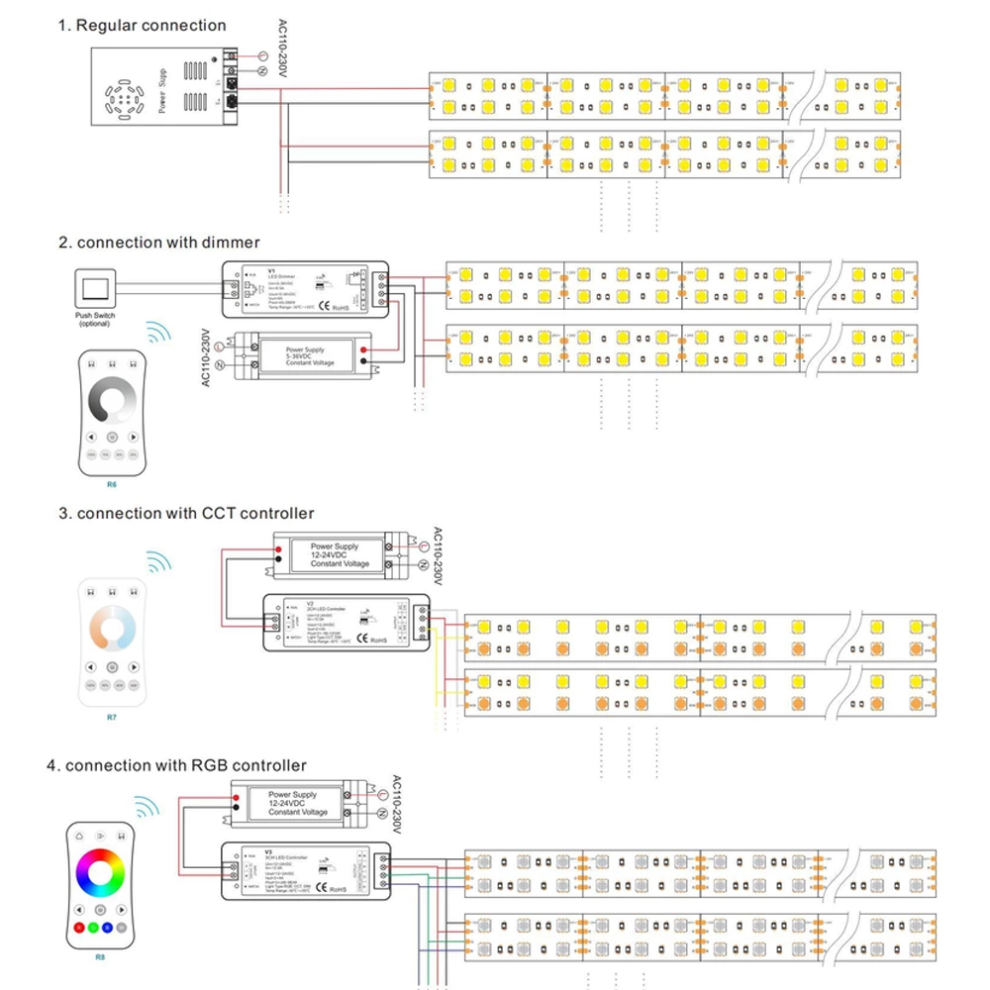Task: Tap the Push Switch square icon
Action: coord(97,288)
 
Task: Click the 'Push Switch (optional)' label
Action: coord(97,319)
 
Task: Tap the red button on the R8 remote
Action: coord(79,928)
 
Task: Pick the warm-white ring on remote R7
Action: coord(111,627)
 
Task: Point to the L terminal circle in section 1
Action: coord(263,55)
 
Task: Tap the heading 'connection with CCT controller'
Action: coord(195,513)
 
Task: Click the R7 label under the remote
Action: coord(111,713)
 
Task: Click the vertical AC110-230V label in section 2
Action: coord(207,357)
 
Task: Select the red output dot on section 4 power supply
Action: coord(238,796)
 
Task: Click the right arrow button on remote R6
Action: coord(133,437)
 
